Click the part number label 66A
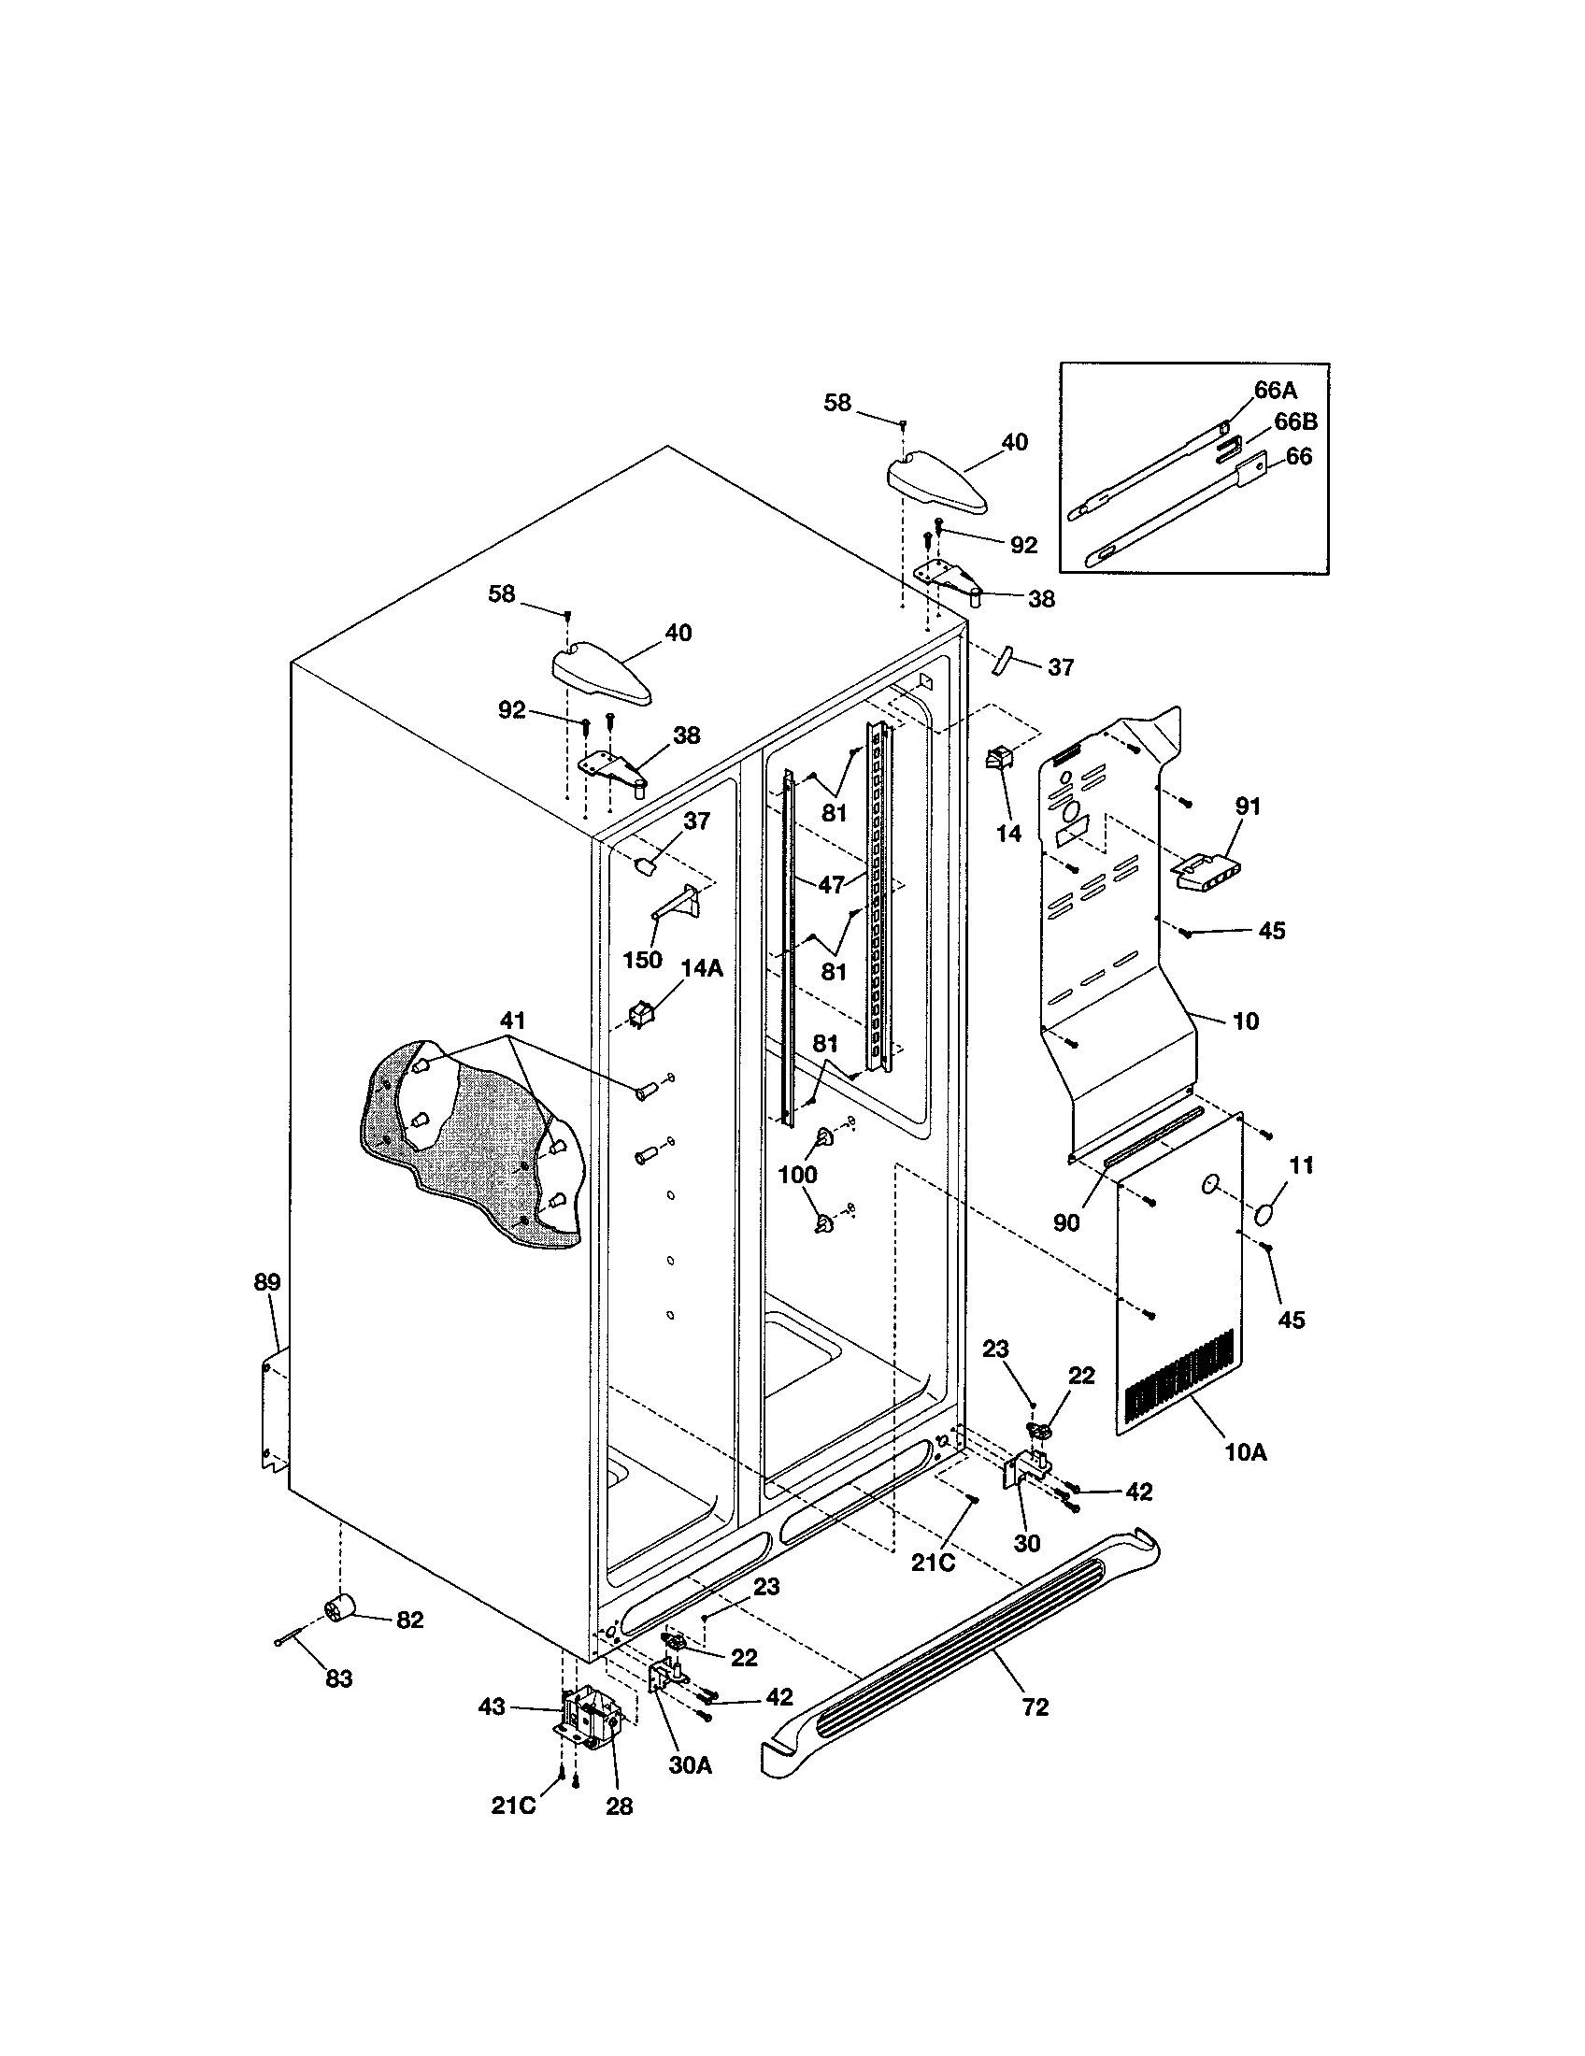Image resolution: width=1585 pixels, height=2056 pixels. [1276, 391]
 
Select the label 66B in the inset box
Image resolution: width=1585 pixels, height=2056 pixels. [1295, 422]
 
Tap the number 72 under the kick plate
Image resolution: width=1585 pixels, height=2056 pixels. [1035, 1707]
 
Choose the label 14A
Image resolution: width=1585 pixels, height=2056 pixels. [702, 968]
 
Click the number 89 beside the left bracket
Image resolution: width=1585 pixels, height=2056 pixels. [267, 1282]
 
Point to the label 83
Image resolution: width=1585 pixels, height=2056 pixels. [339, 1678]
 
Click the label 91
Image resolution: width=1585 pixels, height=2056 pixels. [1248, 806]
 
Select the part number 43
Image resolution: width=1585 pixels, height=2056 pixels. [493, 1706]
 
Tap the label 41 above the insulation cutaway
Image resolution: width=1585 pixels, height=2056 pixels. [512, 1021]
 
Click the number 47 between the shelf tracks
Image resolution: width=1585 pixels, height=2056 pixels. [831, 885]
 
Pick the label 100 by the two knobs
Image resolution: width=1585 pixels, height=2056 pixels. [797, 1174]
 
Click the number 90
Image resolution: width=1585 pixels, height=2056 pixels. [1066, 1223]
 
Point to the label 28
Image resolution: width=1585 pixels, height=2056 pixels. [620, 1806]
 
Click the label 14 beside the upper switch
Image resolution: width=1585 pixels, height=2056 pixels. [1008, 834]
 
